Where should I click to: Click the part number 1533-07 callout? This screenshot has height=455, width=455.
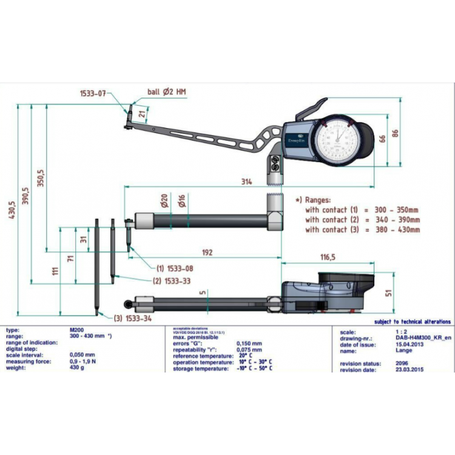(x=93, y=93)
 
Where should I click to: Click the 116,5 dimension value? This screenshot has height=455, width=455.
(x=328, y=257)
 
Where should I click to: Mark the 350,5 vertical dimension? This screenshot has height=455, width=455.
(x=41, y=178)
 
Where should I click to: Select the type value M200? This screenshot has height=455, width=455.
(x=78, y=329)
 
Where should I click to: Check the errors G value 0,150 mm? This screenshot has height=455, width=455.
(x=251, y=344)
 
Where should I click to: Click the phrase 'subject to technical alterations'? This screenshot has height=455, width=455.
(x=413, y=322)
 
